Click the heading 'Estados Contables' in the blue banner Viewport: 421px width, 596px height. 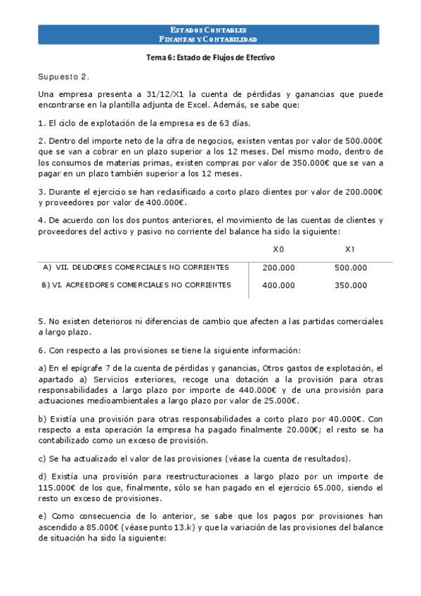pos(208,30)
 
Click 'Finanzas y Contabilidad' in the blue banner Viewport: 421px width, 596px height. pos(208,39)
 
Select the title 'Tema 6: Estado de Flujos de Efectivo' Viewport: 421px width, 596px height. pos(208,58)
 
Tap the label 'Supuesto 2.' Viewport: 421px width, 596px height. pos(64,76)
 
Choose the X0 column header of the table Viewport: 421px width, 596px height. pos(278,250)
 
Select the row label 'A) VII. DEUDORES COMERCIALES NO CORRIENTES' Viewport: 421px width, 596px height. pos(136,267)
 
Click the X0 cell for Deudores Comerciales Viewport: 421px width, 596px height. pos(278,268)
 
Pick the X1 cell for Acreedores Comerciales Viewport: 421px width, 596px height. pos(351,285)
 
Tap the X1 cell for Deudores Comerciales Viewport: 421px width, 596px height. pos(351,268)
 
